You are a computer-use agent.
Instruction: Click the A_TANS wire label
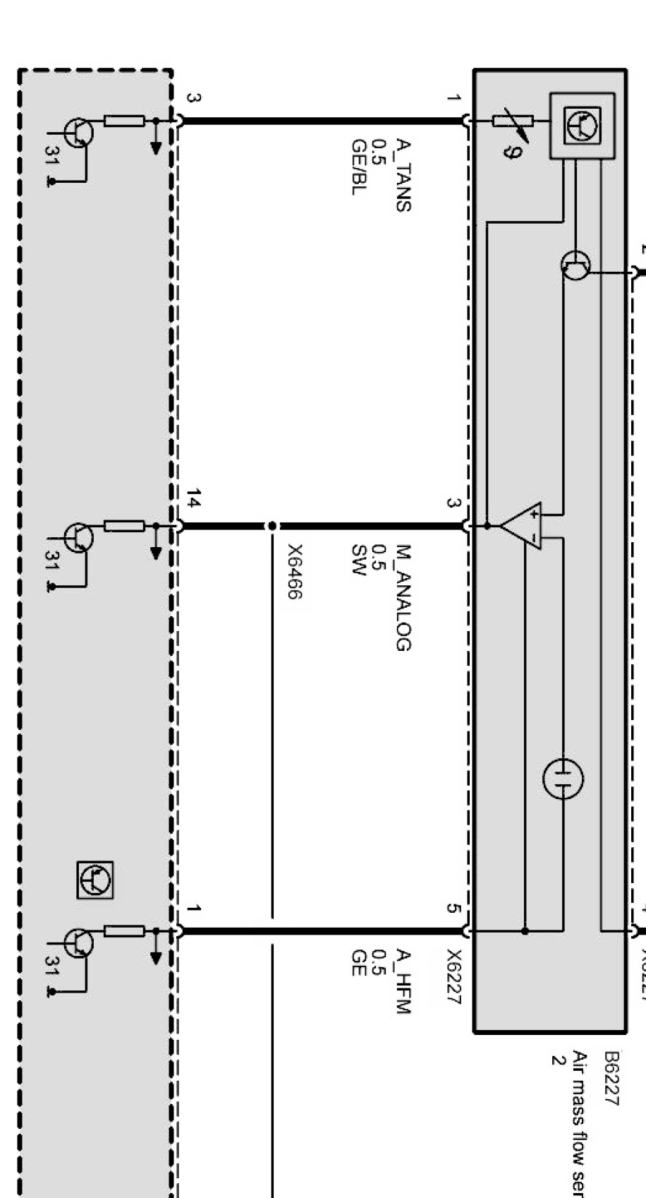coord(403,175)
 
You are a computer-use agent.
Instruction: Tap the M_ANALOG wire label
coord(403,597)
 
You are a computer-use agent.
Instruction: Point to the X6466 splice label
coord(295,572)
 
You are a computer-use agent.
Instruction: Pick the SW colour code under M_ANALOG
coord(359,561)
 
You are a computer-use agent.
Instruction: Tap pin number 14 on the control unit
coord(194,502)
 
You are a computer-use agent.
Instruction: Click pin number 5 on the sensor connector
coord(453,909)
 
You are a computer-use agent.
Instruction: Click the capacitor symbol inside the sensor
coord(563,779)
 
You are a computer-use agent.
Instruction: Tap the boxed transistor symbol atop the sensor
coord(582,126)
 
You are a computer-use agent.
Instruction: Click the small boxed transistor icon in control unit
coord(95,880)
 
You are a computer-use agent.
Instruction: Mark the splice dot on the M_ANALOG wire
coord(272,526)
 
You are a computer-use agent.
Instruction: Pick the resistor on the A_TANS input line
coord(124,121)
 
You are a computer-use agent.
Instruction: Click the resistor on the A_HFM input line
coord(124,930)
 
